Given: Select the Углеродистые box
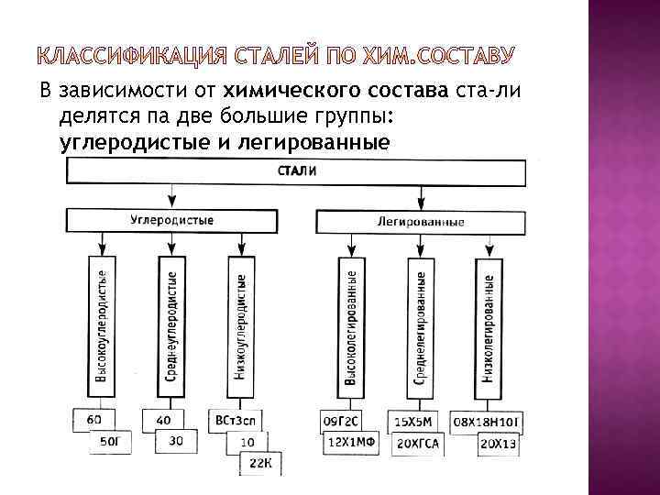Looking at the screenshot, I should (171, 221).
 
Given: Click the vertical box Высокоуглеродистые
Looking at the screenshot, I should (104, 326).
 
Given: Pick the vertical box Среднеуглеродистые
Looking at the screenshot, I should (171, 326).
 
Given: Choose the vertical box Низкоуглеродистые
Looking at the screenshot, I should (240, 326).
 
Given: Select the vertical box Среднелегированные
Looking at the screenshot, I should (420, 328).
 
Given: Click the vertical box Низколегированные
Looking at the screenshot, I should (489, 328).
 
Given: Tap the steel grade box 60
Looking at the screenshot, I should (94, 420).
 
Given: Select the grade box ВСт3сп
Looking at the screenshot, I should (233, 420).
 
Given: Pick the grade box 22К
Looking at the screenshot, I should (261, 463).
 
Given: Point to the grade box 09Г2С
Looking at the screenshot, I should (342, 421).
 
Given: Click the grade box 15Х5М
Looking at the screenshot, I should (410, 421).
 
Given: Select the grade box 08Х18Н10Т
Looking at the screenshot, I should (489, 421).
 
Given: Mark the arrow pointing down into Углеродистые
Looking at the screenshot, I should (171, 196).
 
